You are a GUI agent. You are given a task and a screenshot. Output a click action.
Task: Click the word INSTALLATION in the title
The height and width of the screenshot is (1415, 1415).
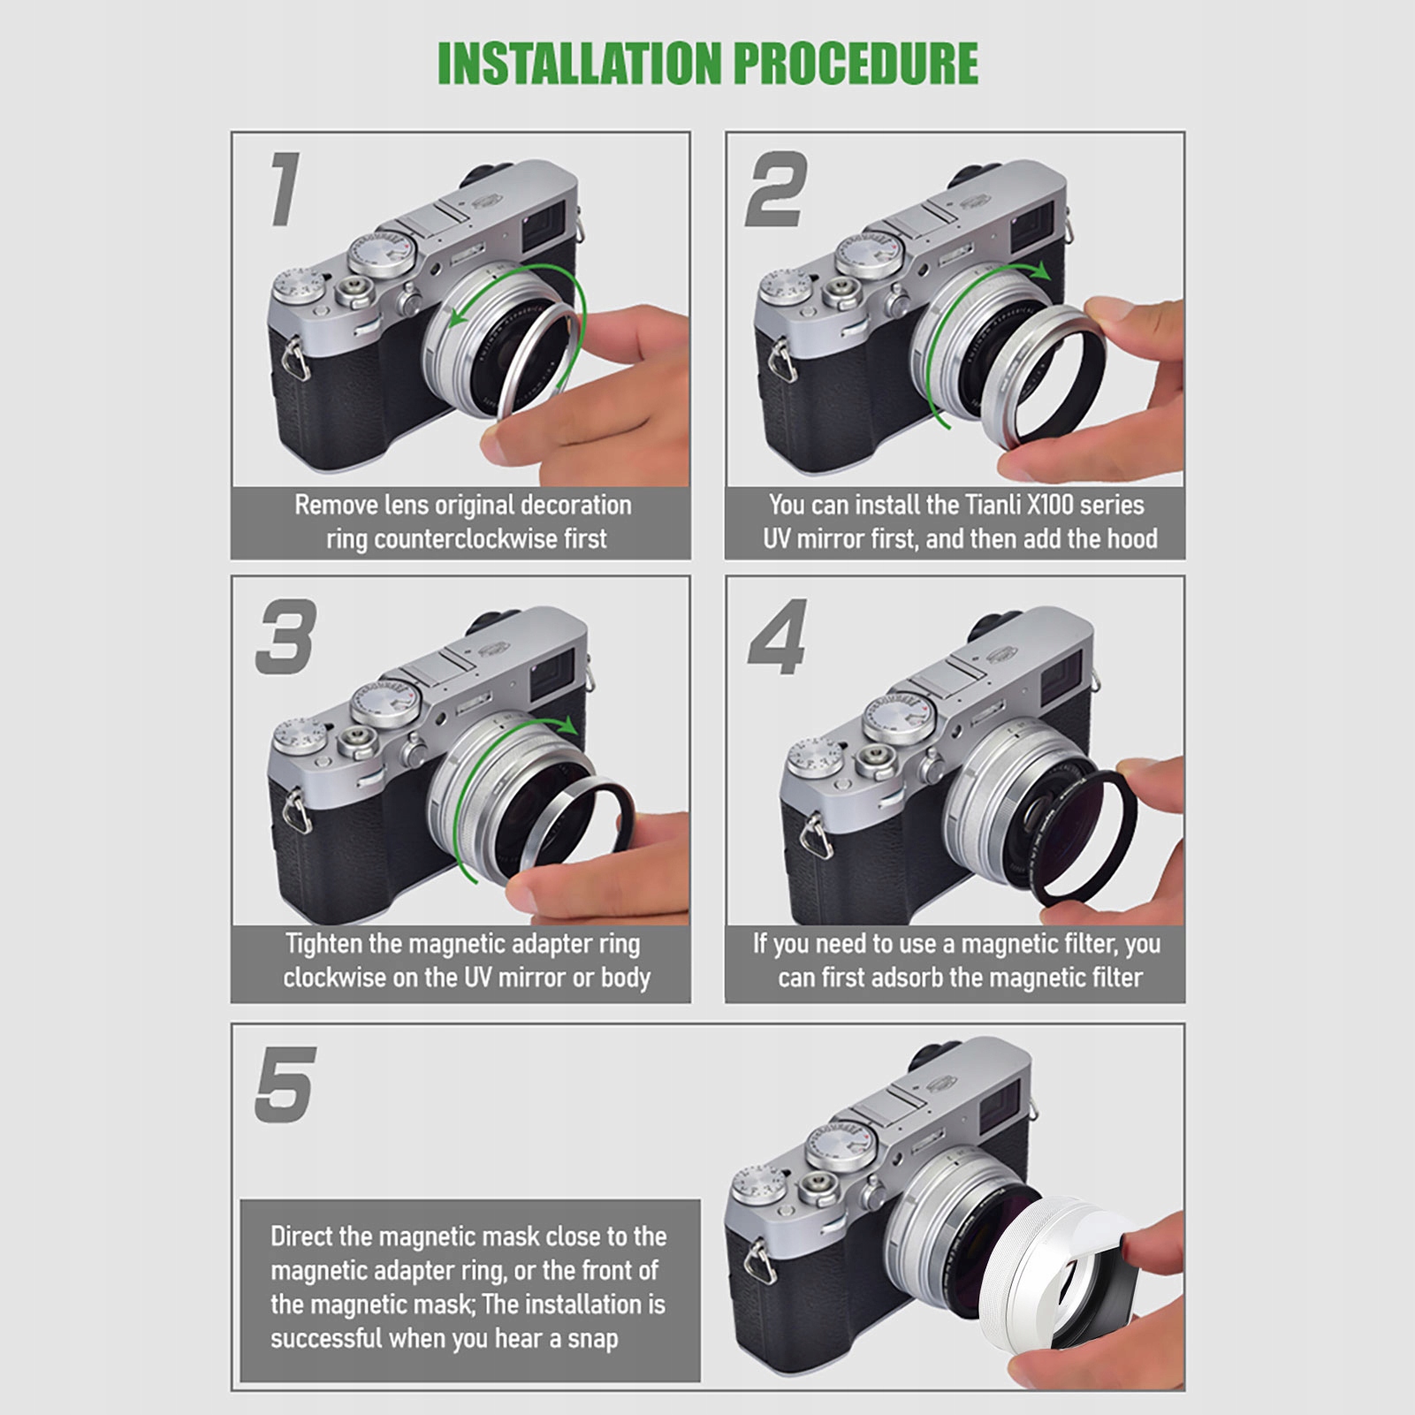click(580, 64)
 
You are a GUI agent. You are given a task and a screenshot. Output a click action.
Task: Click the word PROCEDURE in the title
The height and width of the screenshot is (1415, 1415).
click(856, 64)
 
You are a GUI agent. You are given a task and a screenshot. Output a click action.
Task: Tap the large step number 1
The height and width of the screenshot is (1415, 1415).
click(285, 188)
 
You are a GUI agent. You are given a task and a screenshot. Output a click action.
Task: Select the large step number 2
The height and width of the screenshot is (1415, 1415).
click(776, 188)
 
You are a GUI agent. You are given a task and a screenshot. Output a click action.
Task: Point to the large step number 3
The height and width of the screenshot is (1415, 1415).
click(285, 636)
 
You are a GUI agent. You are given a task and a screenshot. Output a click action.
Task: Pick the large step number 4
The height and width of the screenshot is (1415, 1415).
click(778, 636)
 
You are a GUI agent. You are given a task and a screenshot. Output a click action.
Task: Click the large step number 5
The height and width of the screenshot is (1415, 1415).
click(285, 1084)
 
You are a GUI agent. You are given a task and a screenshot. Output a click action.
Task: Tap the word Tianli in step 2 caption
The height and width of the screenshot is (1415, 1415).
click(994, 505)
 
